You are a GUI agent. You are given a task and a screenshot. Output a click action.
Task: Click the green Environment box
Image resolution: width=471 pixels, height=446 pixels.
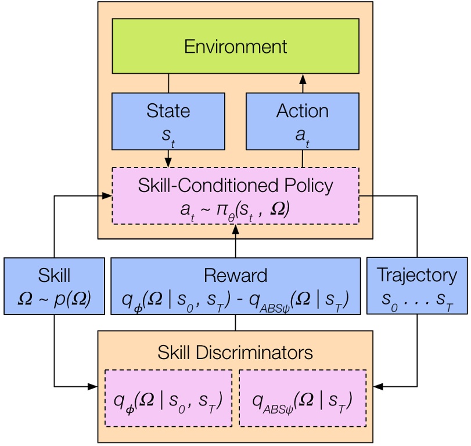(235, 46)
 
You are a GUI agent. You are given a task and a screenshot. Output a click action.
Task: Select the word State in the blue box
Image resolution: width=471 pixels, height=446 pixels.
(168, 111)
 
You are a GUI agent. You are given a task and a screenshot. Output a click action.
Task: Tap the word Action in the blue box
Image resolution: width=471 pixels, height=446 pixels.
(302, 111)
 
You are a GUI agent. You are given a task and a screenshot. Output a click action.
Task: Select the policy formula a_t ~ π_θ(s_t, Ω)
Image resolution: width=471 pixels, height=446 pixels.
(235, 208)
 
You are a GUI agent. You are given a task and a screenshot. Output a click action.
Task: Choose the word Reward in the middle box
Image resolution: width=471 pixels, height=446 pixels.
(235, 275)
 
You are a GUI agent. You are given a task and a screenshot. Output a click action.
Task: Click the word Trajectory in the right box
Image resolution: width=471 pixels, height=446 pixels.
(416, 274)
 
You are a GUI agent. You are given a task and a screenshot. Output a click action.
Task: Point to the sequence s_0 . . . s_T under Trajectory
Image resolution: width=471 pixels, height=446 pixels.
(416, 299)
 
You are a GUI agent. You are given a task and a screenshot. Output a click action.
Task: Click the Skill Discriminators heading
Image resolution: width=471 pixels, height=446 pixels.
(235, 351)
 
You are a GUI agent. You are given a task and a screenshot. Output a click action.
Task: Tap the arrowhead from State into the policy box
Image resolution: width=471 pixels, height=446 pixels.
(168, 162)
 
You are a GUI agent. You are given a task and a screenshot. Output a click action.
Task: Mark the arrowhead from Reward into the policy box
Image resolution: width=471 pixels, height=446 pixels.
(235, 230)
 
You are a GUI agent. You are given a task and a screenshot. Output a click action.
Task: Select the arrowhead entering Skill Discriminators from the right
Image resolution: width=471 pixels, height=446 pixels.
(378, 386)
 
